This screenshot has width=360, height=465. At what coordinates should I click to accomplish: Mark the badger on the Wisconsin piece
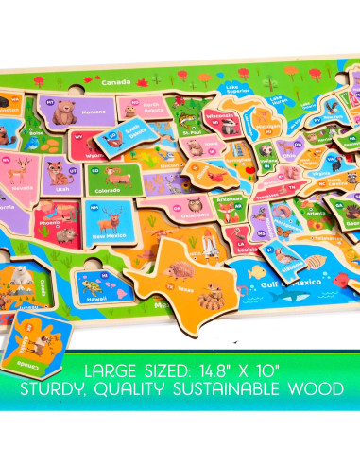coord(222,125)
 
